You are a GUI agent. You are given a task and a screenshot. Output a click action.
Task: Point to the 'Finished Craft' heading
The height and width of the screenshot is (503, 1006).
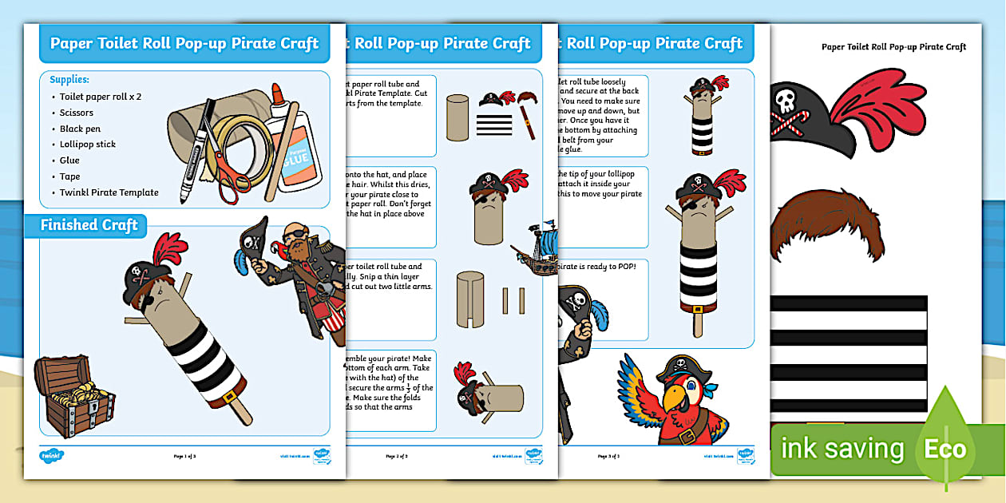coord(89,225)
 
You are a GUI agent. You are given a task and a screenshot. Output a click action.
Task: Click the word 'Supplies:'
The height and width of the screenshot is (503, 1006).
coord(69,80)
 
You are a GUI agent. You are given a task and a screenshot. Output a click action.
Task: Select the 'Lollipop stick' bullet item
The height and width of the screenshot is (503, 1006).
coord(88,145)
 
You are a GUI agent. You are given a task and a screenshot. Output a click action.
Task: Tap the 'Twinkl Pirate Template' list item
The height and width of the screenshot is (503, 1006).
coord(109,192)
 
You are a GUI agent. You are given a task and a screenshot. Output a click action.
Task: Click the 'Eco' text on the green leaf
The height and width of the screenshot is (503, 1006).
coord(945,449)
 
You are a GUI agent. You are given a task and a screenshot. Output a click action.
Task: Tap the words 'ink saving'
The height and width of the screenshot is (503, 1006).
coord(842,449)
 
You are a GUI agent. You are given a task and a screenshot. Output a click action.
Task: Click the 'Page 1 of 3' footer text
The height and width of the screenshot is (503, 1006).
coord(184,456)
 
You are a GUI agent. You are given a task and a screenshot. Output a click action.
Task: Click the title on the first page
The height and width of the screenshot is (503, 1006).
coord(184,43)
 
